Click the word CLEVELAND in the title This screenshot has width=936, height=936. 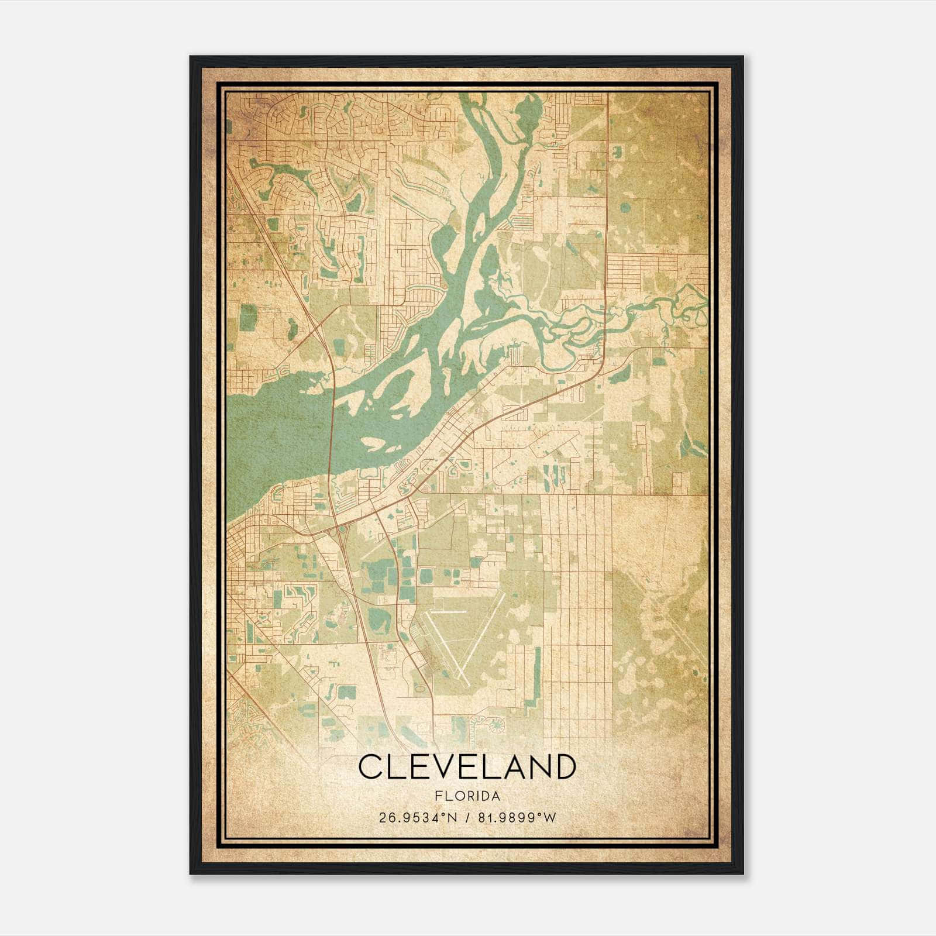tap(467, 767)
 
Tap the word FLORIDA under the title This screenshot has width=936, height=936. tap(467, 796)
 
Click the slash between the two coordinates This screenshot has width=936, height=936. tap(467, 817)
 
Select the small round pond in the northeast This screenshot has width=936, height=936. tap(627, 207)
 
